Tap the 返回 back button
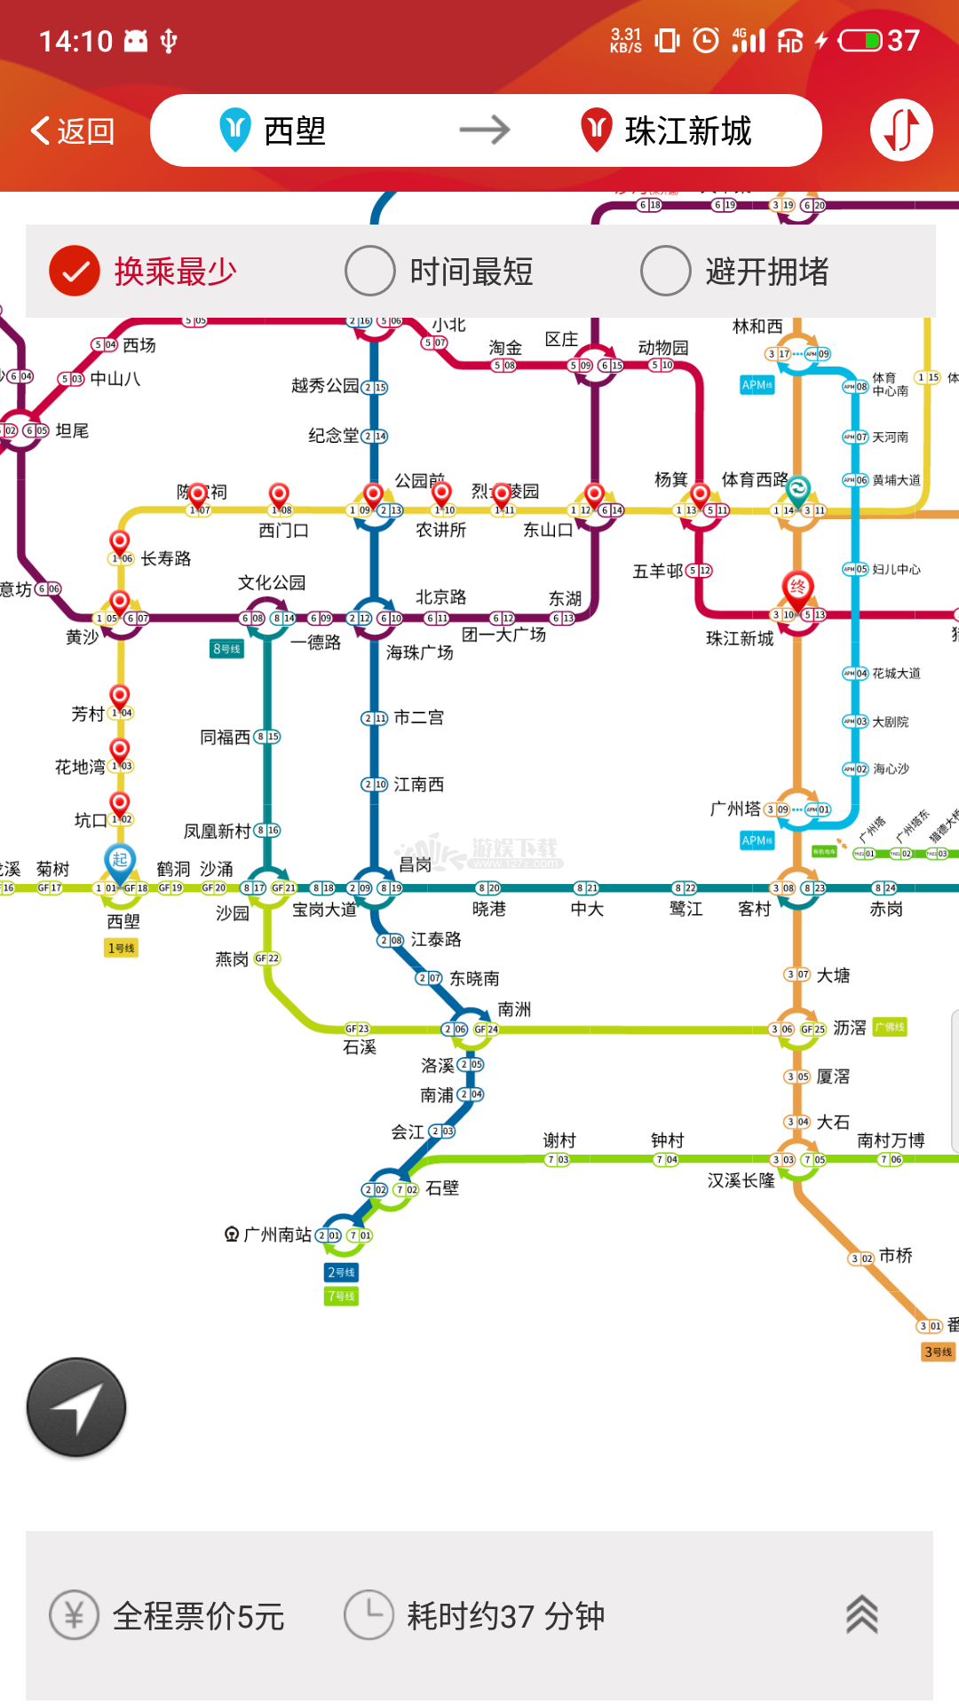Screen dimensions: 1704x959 click(x=73, y=131)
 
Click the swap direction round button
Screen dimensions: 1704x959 click(x=900, y=131)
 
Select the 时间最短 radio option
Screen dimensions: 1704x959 click(x=370, y=271)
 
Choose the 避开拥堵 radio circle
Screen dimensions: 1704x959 click(x=666, y=271)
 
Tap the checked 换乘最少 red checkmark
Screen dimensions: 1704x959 click(x=75, y=271)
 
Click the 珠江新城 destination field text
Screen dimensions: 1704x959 click(x=688, y=131)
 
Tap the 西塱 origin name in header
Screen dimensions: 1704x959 click(x=295, y=131)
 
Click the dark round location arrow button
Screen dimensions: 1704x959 click(x=76, y=1407)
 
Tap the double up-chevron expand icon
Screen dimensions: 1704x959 click(x=861, y=1615)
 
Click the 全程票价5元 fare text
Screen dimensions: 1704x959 click(x=198, y=1616)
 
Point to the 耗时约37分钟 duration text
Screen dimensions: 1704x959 click(x=505, y=1616)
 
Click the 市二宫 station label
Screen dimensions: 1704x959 click(x=418, y=717)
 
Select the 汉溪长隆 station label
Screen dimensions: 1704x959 click(x=741, y=1180)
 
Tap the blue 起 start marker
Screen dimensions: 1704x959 click(x=120, y=859)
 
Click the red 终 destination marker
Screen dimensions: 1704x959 click(x=797, y=587)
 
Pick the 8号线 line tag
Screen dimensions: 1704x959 click(x=226, y=649)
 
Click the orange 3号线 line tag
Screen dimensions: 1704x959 click(x=938, y=1352)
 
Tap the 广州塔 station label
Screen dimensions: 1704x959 click(x=735, y=809)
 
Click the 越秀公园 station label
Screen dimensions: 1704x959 click(x=325, y=385)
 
